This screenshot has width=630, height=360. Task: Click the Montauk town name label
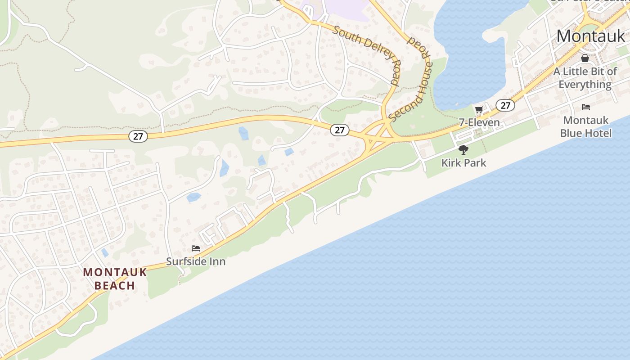point(590,36)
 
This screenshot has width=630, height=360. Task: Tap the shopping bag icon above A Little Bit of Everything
point(585,58)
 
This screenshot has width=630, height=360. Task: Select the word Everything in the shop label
point(585,85)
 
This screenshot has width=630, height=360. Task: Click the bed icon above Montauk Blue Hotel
point(585,107)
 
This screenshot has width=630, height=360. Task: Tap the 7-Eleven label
point(479,122)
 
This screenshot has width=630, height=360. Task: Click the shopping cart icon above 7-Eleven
point(479,109)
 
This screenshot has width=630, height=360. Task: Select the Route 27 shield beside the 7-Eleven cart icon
point(505,105)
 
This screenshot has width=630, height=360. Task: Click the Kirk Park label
point(463,162)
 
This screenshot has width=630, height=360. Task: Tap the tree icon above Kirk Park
point(463,150)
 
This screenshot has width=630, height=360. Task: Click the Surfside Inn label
point(196,261)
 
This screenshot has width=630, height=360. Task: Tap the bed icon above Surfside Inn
point(195,248)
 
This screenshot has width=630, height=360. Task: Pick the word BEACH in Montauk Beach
point(115,285)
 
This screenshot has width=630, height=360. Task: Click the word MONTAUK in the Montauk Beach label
point(115,272)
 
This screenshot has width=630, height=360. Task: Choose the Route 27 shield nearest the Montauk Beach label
point(138,136)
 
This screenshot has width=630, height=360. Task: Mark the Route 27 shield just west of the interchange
point(339,130)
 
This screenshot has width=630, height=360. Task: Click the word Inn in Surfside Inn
point(216,261)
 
